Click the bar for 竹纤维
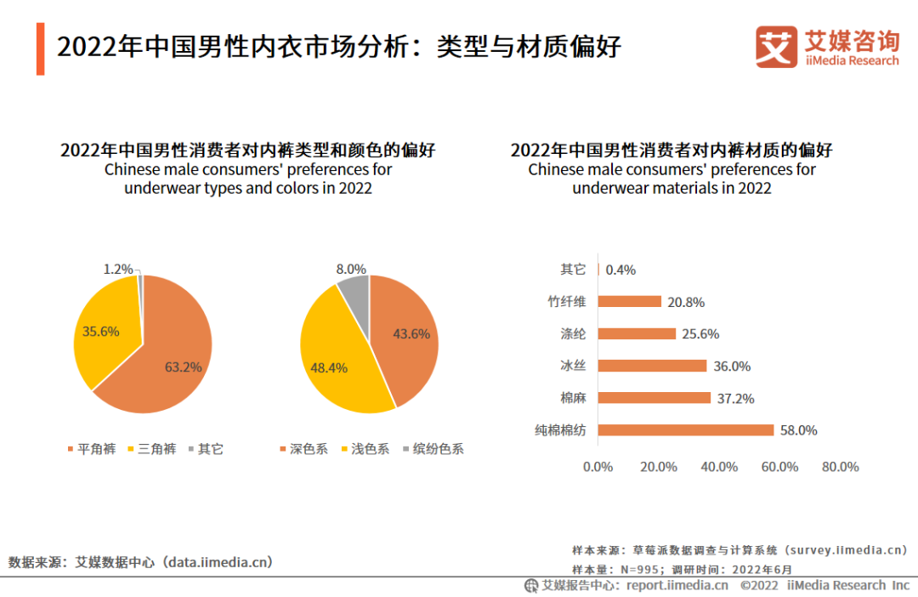click(630, 302)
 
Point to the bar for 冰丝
click(653, 366)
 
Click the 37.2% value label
click(735, 398)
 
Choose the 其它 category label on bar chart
click(573, 270)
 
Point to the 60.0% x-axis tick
click(780, 467)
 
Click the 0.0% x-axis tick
click(598, 467)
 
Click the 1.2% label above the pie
click(118, 270)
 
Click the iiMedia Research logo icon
click(776, 47)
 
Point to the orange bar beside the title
click(40, 49)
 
